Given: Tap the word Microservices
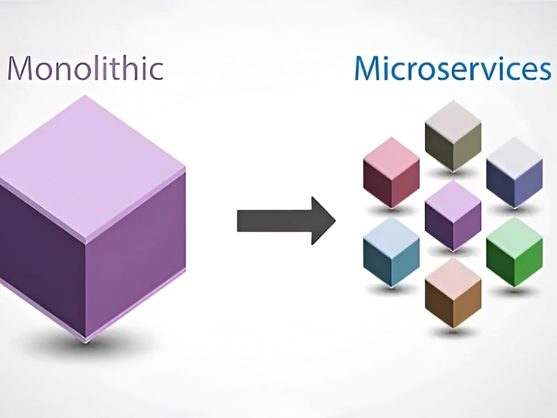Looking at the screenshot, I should click(x=452, y=69).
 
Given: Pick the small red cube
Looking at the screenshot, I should click(x=391, y=173).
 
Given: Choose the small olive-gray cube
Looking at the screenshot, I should click(x=453, y=137).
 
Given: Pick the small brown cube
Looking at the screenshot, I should click(x=453, y=293).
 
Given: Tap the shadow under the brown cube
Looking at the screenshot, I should click(x=453, y=332).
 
